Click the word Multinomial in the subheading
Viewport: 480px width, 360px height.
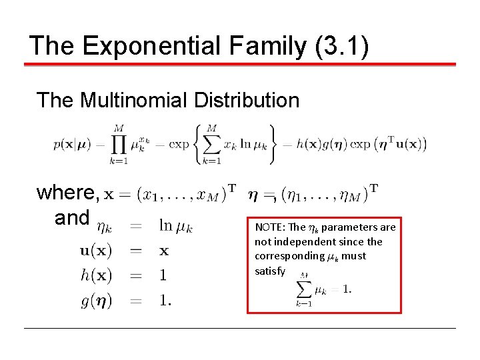pyautogui.click(x=135, y=100)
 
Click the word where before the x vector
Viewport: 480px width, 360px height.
pyautogui.click(x=67, y=193)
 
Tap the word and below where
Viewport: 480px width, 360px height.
pyautogui.click(x=72, y=217)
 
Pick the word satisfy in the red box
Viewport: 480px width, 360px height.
pyautogui.click(x=270, y=271)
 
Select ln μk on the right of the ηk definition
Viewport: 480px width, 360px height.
pyautogui.click(x=176, y=227)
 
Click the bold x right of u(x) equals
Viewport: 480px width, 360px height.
pyautogui.click(x=164, y=251)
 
